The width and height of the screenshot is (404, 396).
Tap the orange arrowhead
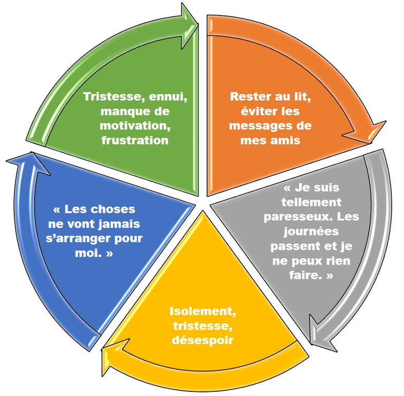click(374, 131)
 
